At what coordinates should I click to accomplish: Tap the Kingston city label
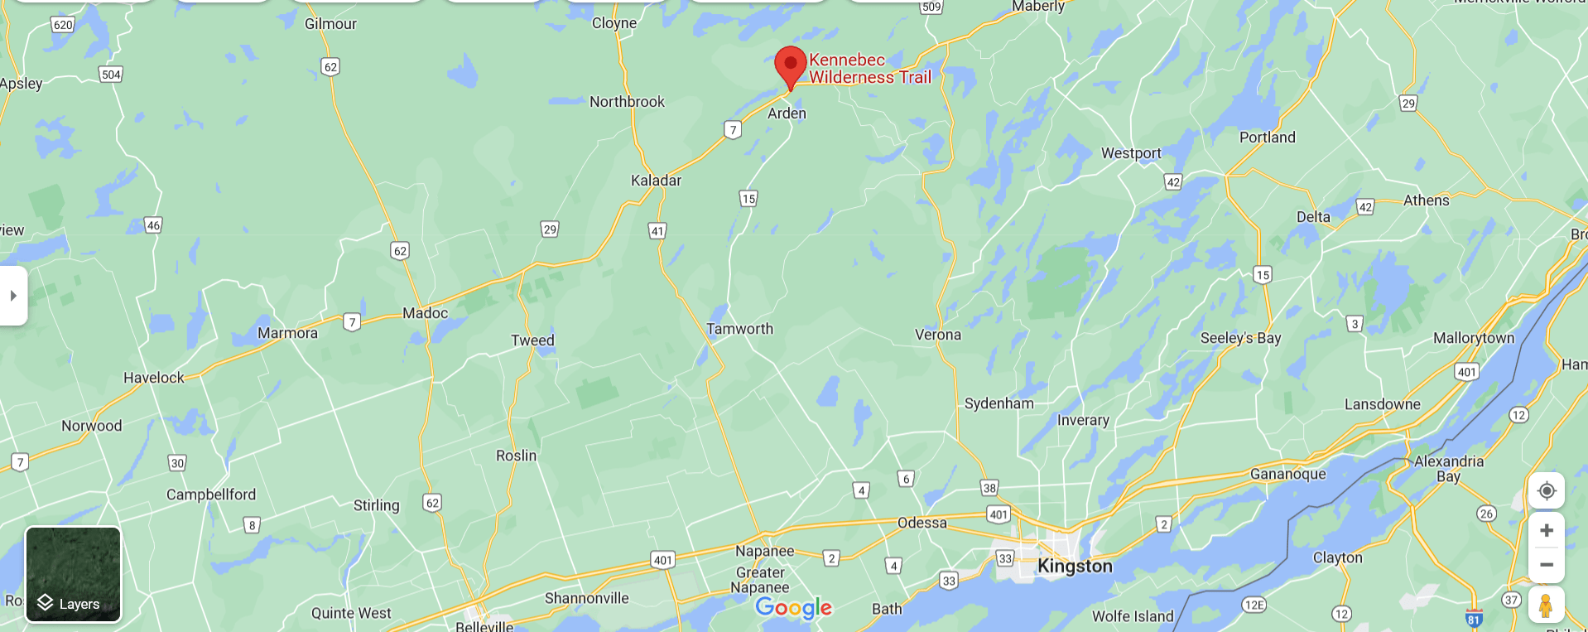coord(1075,566)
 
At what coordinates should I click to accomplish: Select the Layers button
coord(74,575)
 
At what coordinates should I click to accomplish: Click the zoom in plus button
coord(1546,530)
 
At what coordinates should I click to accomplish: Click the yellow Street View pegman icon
coord(1546,605)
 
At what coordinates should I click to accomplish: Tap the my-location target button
coord(1546,490)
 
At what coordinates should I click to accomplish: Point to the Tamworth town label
coord(739,329)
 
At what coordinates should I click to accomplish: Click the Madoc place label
coord(425,313)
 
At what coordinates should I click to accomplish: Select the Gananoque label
coord(1287,474)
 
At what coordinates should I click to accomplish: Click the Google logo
coord(793,608)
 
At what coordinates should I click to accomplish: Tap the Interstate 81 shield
coord(1474,619)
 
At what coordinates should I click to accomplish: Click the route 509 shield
coord(931,7)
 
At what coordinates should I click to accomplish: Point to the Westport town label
coord(1131,153)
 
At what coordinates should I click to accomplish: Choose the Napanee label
coord(764,551)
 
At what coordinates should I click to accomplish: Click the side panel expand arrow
coord(13,296)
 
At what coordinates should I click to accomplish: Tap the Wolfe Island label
coord(1133,616)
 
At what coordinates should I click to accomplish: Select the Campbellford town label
coord(211,495)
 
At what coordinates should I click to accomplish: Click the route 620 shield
coord(63,25)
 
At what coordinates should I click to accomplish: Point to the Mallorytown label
coord(1473,338)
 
